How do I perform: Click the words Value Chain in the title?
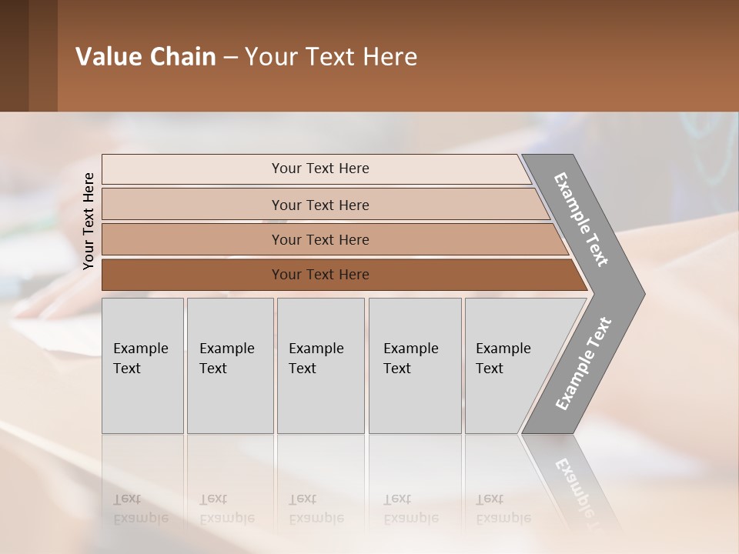coord(145,57)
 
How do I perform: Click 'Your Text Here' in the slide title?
coord(331,57)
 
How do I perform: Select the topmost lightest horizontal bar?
coord(319,169)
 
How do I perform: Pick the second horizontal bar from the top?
coord(319,205)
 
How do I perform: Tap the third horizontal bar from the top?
coord(319,239)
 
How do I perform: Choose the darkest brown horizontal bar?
coord(319,275)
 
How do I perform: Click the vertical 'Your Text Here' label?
coord(89,221)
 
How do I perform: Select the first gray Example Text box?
coord(142,365)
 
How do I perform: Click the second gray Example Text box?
coord(229,365)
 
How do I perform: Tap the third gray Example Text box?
coord(320,365)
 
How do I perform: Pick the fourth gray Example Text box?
coord(414,365)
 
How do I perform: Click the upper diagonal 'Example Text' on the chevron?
coord(582,219)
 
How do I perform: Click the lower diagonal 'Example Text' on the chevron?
coord(584,363)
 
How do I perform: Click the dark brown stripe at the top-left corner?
coord(14,55)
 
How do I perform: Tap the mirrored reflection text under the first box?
coord(141,509)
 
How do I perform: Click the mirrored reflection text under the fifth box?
coord(503,509)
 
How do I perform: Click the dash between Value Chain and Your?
coord(230,58)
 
